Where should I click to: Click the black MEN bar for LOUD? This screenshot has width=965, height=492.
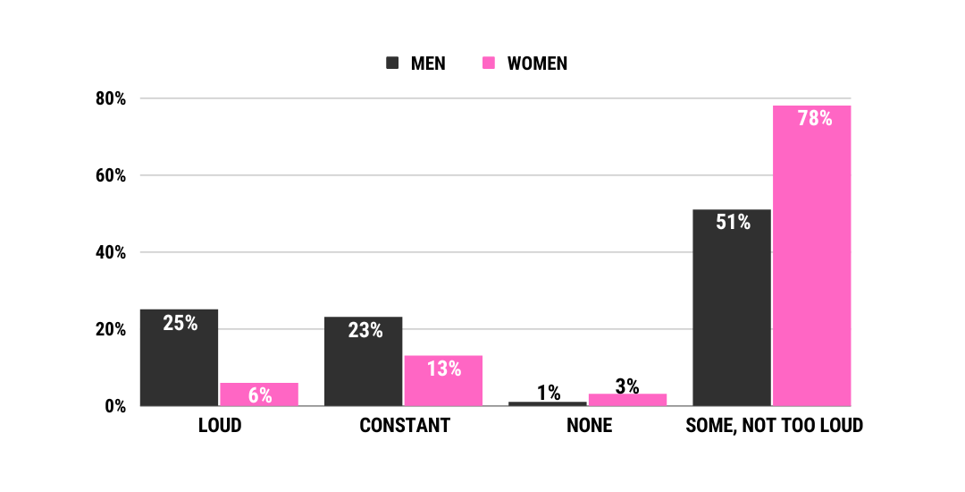coord(179,358)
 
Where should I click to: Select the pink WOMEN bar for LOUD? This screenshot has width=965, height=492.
coord(259,394)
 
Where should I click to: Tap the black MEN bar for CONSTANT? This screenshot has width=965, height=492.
coord(363,361)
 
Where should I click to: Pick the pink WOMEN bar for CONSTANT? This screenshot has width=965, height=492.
coord(443,381)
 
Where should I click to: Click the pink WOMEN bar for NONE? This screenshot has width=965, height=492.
coord(627,400)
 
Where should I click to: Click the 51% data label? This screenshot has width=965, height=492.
coord(733,222)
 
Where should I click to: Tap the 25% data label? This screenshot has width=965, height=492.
coord(180,323)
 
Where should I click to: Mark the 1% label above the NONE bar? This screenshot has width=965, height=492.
coord(549,393)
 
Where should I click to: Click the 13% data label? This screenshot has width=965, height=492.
coord(444,369)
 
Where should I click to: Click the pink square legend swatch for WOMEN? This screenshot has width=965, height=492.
coord(489,64)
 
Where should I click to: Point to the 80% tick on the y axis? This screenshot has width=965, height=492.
coord(111,98)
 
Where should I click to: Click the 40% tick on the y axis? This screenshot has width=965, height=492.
coord(111,252)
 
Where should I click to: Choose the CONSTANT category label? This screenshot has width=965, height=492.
coord(404,426)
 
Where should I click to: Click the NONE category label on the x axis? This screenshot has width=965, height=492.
coord(589,426)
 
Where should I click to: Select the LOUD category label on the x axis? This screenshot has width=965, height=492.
coord(220,426)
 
